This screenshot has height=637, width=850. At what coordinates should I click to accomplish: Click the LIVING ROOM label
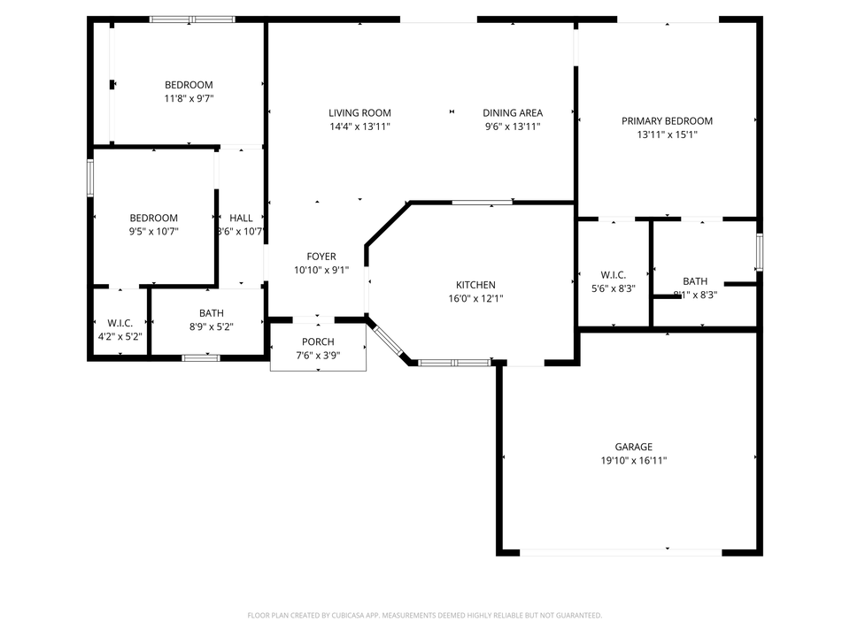pos(359,112)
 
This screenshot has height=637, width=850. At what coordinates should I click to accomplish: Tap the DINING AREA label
pos(513,112)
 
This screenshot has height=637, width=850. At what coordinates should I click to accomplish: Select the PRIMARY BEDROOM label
pos(667,121)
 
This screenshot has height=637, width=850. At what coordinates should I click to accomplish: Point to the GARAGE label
pos(634,447)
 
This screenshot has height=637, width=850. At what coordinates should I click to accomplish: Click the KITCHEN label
pos(475,285)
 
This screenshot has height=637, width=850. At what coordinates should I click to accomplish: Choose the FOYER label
pos(321,257)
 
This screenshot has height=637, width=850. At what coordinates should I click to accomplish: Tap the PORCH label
pos(318,342)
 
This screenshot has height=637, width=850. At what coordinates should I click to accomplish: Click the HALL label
pos(241,218)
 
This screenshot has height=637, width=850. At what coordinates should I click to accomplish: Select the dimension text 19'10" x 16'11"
pos(634,461)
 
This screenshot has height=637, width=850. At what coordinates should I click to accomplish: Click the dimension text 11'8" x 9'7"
pos(189,99)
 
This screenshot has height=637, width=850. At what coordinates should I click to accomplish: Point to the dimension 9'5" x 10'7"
pos(154,232)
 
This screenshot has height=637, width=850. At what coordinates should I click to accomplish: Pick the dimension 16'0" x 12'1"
pos(475,299)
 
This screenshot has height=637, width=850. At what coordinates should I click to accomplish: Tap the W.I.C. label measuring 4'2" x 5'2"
pos(120,323)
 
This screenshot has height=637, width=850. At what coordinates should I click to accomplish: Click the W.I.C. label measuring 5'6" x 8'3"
pos(612,275)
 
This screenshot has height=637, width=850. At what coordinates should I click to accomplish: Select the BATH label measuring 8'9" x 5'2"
pos(212,313)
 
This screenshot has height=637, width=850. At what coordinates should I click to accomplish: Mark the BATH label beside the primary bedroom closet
pos(695,280)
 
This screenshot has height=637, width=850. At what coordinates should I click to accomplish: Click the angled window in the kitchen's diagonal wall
pos(386,339)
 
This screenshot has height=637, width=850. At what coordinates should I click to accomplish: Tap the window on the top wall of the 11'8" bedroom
pos(192,19)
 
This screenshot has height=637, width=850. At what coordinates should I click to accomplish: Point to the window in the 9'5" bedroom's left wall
pos(89,177)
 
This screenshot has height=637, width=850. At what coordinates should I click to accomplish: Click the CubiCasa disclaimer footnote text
pos(425,615)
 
